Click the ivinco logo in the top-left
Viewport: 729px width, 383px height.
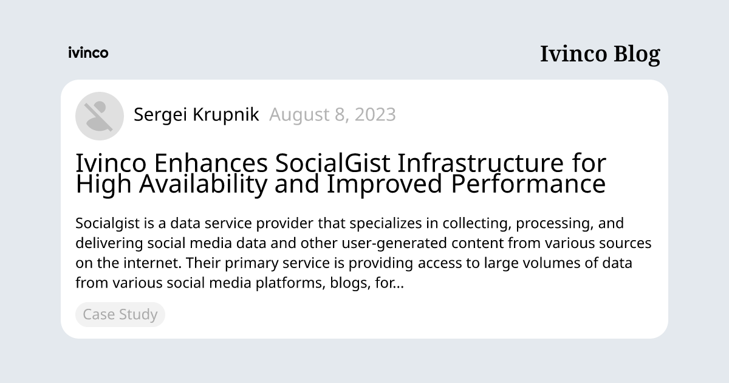(x=88, y=53)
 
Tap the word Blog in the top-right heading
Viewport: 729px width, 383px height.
(x=636, y=54)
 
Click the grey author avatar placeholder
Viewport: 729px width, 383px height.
(x=100, y=116)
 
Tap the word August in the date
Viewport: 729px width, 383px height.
(x=296, y=114)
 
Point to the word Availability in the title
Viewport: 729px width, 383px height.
(x=203, y=185)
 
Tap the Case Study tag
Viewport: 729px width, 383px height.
(x=120, y=314)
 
